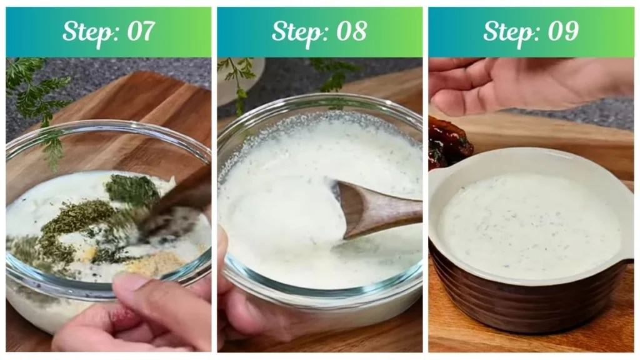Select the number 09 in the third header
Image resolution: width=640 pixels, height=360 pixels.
point(562,31)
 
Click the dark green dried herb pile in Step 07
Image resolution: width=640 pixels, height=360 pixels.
point(132,189)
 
